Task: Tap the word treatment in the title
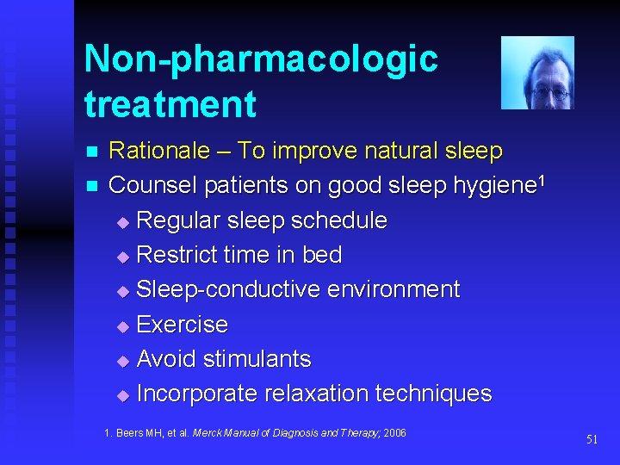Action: click(170, 105)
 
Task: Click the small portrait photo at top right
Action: click(537, 73)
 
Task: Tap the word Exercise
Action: click(183, 325)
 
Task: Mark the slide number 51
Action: click(592, 439)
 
